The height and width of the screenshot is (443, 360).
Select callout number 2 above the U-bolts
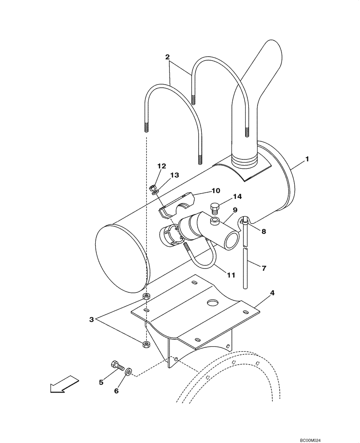coord(168,57)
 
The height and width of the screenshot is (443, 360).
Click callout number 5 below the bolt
coord(102,382)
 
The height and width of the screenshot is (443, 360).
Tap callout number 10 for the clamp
coord(215,191)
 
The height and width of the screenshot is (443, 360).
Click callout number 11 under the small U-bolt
coord(231,275)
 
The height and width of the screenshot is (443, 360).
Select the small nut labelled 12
coord(152,187)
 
